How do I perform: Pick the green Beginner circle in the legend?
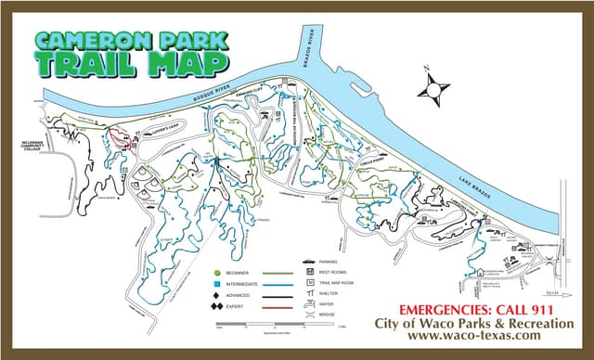(x=216, y=274)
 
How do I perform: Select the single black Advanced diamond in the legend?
(x=216, y=295)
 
